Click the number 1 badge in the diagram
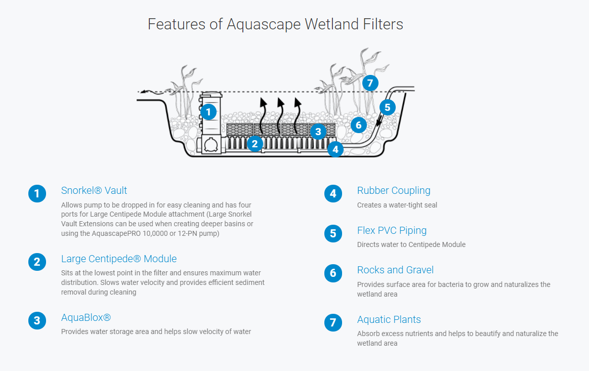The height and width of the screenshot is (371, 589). [x=208, y=112]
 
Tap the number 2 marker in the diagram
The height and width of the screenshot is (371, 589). [x=255, y=144]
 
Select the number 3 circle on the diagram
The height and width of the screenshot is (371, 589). [x=317, y=132]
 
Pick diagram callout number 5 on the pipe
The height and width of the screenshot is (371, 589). [x=387, y=107]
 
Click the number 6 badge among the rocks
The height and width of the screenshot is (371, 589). [x=358, y=125]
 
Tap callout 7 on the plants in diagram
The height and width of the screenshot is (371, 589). [x=370, y=83]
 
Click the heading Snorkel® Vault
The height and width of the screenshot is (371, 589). [x=94, y=191]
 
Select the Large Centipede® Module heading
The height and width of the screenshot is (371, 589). [x=119, y=259]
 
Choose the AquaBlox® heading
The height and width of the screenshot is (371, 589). [x=86, y=318]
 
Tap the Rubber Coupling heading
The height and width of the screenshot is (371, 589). [x=394, y=191]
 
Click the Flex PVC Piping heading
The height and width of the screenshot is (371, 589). [x=392, y=231]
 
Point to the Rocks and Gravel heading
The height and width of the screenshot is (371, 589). [x=395, y=270]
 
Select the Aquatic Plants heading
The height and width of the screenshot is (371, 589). [x=389, y=320]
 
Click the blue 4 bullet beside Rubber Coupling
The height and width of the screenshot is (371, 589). [x=333, y=194]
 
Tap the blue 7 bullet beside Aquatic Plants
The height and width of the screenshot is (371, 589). [x=333, y=323]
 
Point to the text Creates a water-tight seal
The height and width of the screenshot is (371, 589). [x=397, y=205]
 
